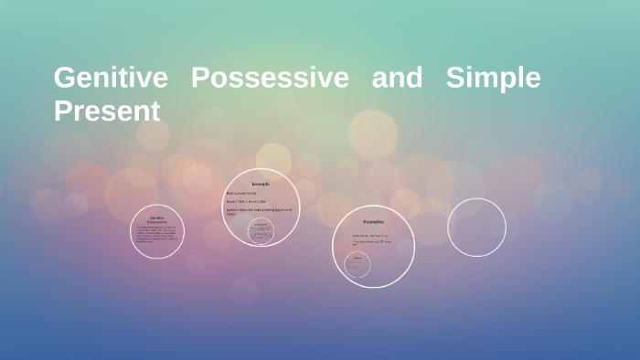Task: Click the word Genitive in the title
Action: (111, 78)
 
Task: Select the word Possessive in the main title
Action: (270, 78)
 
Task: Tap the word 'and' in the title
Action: (397, 78)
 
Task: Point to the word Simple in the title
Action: (493, 78)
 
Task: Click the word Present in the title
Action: (107, 111)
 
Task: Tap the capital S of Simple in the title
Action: (454, 78)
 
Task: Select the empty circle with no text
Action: (476, 228)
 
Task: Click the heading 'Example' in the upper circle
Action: (261, 184)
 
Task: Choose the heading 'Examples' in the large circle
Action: (373, 221)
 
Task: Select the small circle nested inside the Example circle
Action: (261, 231)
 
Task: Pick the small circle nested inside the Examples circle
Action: (357, 266)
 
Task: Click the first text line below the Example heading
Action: (243, 193)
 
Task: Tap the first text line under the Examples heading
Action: (370, 235)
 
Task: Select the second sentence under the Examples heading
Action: (372, 243)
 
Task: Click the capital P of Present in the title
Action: (63, 111)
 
